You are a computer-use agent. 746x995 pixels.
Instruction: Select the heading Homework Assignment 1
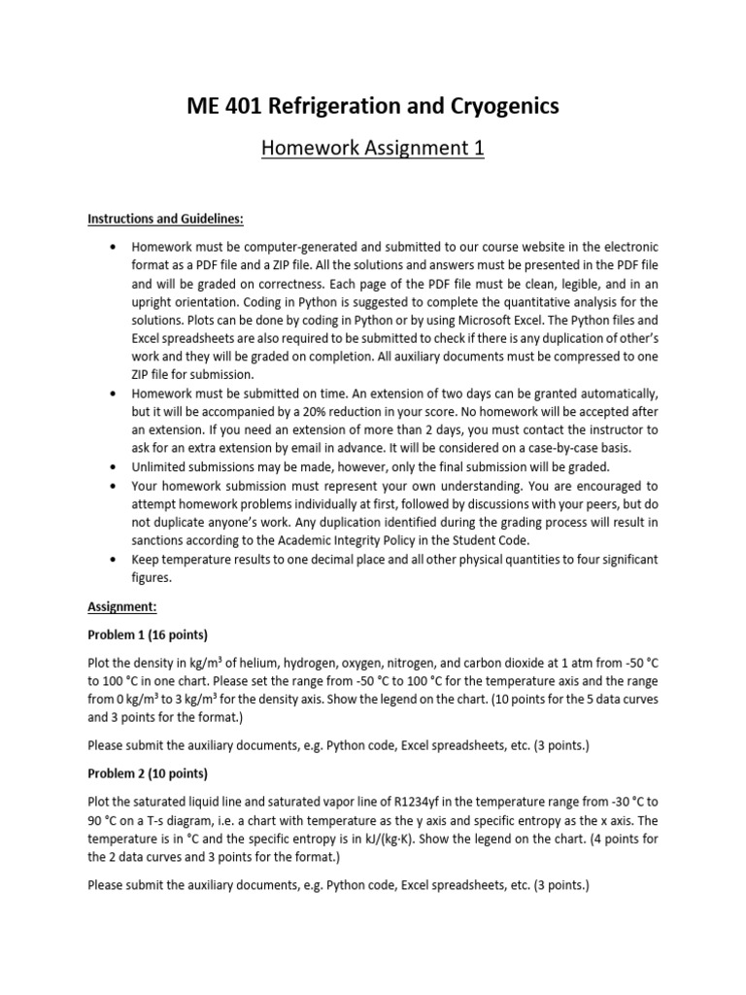373,149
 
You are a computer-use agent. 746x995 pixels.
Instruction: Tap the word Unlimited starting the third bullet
161,466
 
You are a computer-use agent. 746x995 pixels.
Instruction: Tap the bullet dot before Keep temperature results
116,560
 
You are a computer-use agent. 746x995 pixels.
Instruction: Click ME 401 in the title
221,107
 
